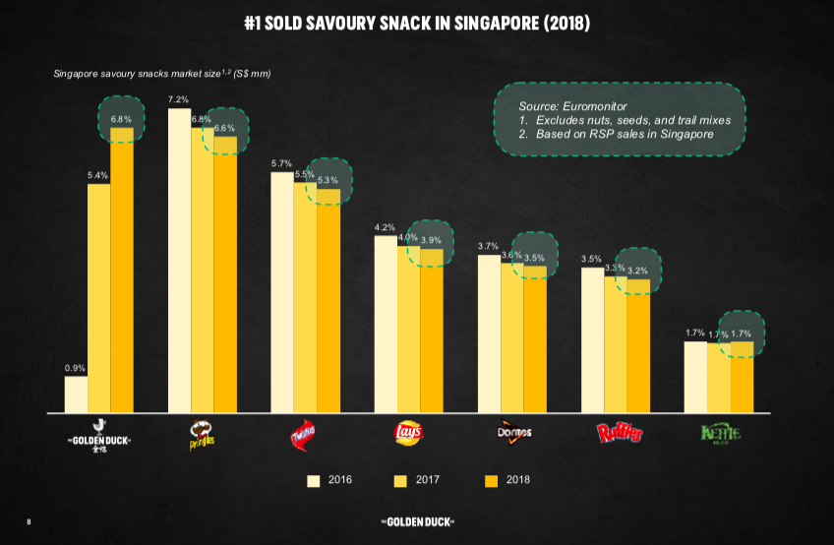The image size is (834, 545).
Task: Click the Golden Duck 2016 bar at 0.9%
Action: click(76, 394)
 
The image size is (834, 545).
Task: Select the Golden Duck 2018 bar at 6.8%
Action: click(122, 271)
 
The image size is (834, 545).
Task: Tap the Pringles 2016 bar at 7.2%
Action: click(180, 260)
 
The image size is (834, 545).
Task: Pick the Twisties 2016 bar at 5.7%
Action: click(282, 291)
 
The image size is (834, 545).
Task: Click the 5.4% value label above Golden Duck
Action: click(98, 175)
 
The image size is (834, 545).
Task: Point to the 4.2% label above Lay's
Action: click(385, 227)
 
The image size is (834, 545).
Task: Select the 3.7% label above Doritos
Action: click(488, 246)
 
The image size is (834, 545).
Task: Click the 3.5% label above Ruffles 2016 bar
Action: click(591, 259)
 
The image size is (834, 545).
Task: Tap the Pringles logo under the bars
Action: click(202, 434)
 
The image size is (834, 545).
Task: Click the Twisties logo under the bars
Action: click(305, 434)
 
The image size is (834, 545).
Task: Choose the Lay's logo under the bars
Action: click(408, 433)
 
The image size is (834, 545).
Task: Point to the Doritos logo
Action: click(512, 433)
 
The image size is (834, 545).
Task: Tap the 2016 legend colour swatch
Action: click(315, 481)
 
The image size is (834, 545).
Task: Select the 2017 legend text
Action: click(429, 481)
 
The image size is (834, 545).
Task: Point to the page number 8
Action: click(30, 520)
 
